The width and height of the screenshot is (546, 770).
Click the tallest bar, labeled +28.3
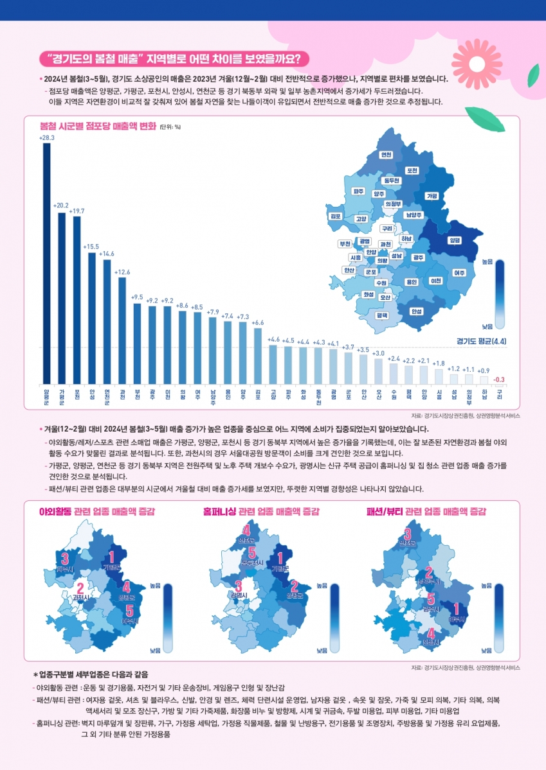[x=46, y=262]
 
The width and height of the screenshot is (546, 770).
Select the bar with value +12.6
[x=122, y=329]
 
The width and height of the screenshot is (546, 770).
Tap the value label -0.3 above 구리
[x=499, y=378]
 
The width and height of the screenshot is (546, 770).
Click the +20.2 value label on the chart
[x=61, y=206]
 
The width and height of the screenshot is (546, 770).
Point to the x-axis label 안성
[x=92, y=394]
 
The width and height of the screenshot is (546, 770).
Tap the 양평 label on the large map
[x=472, y=240]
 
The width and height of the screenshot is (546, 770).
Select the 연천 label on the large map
[x=387, y=155]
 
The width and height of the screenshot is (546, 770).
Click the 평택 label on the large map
[x=382, y=315]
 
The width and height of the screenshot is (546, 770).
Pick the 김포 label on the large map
[x=335, y=216]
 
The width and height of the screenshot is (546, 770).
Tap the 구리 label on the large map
[x=387, y=228]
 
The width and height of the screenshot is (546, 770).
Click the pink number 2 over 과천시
[x=80, y=588]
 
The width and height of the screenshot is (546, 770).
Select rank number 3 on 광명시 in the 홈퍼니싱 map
[x=239, y=585]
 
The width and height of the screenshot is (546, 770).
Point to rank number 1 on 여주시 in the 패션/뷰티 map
[x=457, y=609]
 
